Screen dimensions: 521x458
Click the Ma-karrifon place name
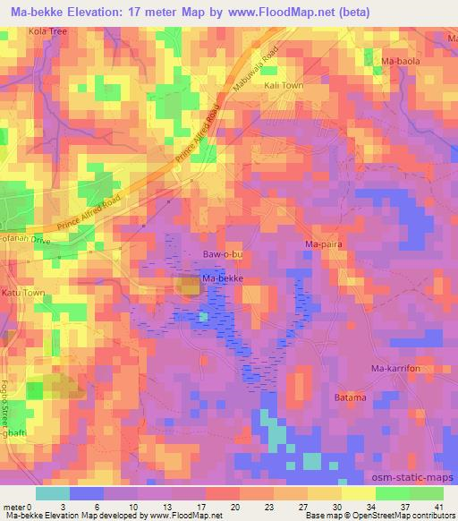(x=395, y=368)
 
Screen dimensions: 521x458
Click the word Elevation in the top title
(x=97, y=11)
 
